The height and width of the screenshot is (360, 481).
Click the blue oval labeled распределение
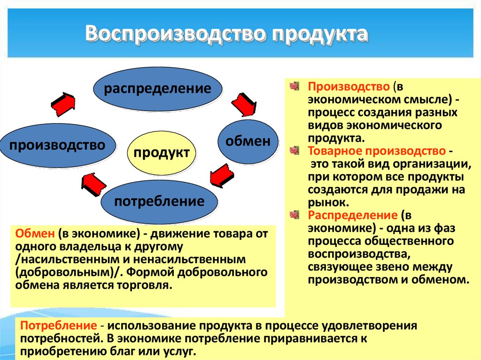pyautogui.click(x=157, y=89)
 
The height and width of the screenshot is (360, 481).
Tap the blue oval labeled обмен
pyautogui.click(x=248, y=141)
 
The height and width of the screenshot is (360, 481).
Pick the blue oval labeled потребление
pyautogui.click(x=159, y=202)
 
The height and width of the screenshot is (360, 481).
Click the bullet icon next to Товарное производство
pyautogui.click(x=295, y=151)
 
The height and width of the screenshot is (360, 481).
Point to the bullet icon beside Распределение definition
pyautogui.click(x=295, y=215)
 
